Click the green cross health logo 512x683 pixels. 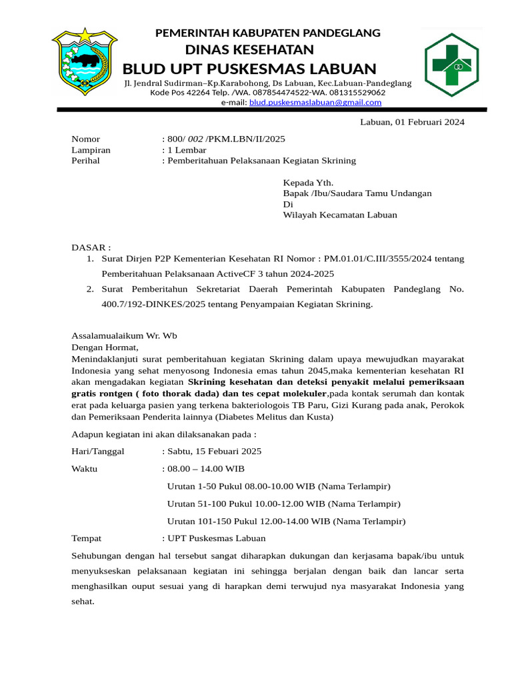452,64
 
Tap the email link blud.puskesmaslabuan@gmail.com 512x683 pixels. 315,103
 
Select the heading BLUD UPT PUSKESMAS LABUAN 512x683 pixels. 249,69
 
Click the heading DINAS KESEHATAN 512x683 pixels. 249,50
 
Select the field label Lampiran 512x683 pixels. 91,150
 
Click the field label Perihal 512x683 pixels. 85,161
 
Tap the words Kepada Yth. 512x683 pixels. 308,182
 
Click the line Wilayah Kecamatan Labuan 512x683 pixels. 339,215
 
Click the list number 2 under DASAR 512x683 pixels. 89,290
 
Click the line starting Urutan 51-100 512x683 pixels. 283,504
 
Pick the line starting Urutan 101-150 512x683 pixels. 286,521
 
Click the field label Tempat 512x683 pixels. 86,538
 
